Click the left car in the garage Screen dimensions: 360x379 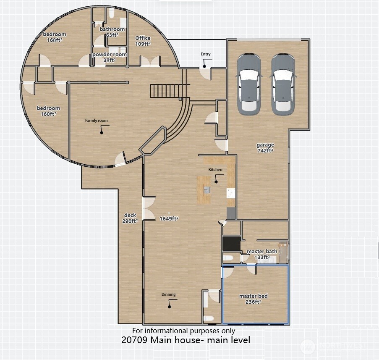(x=248, y=84)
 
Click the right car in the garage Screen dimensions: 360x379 (x=283, y=84)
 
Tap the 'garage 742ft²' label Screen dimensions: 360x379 (x=265, y=147)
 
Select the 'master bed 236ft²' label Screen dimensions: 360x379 (x=253, y=299)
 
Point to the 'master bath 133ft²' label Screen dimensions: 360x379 (x=261, y=254)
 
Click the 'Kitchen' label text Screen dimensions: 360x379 (x=215, y=169)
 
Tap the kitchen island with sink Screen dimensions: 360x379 (x=205, y=190)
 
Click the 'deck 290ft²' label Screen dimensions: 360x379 (x=130, y=218)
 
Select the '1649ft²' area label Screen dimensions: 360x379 (x=169, y=218)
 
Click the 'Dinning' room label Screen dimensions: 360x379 (x=169, y=294)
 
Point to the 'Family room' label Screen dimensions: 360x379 (x=97, y=121)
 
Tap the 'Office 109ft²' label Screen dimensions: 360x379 (x=143, y=41)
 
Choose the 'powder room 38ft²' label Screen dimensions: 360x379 (x=109, y=57)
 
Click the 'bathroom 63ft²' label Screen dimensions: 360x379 (x=112, y=32)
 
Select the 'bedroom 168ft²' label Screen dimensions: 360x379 (x=55, y=37)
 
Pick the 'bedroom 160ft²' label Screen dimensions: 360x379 (x=48, y=110)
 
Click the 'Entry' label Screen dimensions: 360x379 (x=206, y=54)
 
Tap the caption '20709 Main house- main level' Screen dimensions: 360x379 (x=186, y=340)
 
